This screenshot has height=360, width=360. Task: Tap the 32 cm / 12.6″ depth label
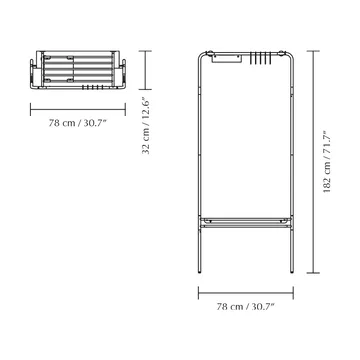[146, 125]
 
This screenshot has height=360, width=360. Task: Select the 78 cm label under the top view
[77, 123]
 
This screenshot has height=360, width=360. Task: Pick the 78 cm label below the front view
[245, 306]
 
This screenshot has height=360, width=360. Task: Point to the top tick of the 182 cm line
[313, 51]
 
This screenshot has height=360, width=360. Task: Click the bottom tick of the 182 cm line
[313, 273]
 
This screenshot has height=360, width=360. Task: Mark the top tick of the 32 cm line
[145, 51]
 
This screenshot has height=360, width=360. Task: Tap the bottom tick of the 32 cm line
[145, 89]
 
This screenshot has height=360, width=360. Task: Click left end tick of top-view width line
[30, 109]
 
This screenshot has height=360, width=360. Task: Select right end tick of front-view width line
[293, 293]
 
